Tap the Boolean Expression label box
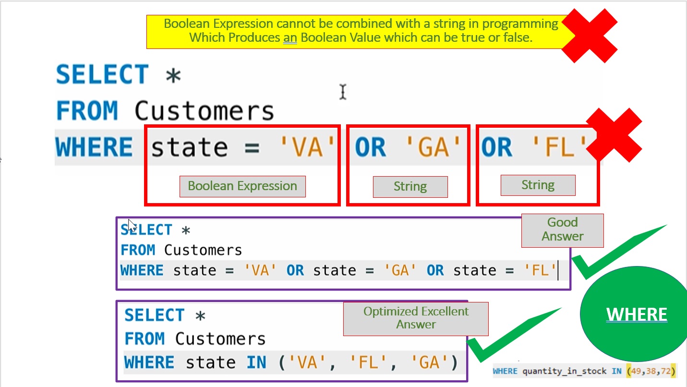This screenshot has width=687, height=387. pos(242,186)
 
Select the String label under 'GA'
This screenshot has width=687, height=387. pos(410,187)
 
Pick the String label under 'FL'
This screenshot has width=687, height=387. pos(538,185)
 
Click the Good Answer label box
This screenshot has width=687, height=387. pos(562,230)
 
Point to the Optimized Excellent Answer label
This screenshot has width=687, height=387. pos(416,318)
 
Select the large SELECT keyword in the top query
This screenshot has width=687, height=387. pos(102,75)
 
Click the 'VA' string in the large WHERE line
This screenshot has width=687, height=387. pos(308,147)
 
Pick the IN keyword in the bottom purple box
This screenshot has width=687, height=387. pos(256,363)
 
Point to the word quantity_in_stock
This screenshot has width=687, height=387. pos(564,371)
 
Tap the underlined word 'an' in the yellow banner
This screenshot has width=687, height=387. pos(289,37)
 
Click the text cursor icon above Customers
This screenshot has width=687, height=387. pos(342,91)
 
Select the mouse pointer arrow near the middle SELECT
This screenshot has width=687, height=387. pos(132,225)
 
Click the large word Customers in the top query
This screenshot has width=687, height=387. pos(204,111)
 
